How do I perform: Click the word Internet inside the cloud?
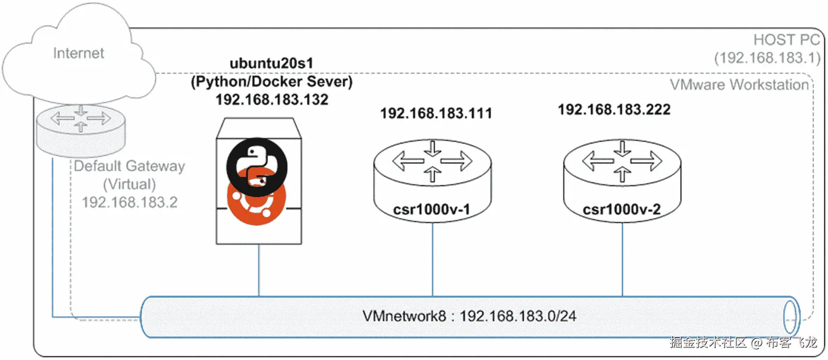[x=79, y=53]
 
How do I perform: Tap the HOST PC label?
[x=786, y=40]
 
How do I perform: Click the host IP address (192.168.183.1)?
[x=767, y=58]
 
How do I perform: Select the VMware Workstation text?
[x=739, y=85]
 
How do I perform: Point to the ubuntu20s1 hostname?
[x=271, y=64]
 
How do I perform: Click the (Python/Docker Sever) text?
[x=271, y=82]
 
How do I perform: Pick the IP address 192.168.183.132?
[x=272, y=99]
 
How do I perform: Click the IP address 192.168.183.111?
[x=436, y=113]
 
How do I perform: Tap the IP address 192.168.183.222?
[x=614, y=110]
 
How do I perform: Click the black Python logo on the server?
[x=257, y=164]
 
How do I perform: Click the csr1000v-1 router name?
[x=432, y=209]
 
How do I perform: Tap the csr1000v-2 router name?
[x=622, y=209]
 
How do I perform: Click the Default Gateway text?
[x=129, y=166]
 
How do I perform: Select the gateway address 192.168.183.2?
[x=129, y=202]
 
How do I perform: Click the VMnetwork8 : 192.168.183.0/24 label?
[x=469, y=316]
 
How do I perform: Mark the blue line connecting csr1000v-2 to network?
[x=622, y=259]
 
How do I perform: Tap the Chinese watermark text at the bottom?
[x=742, y=342]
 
